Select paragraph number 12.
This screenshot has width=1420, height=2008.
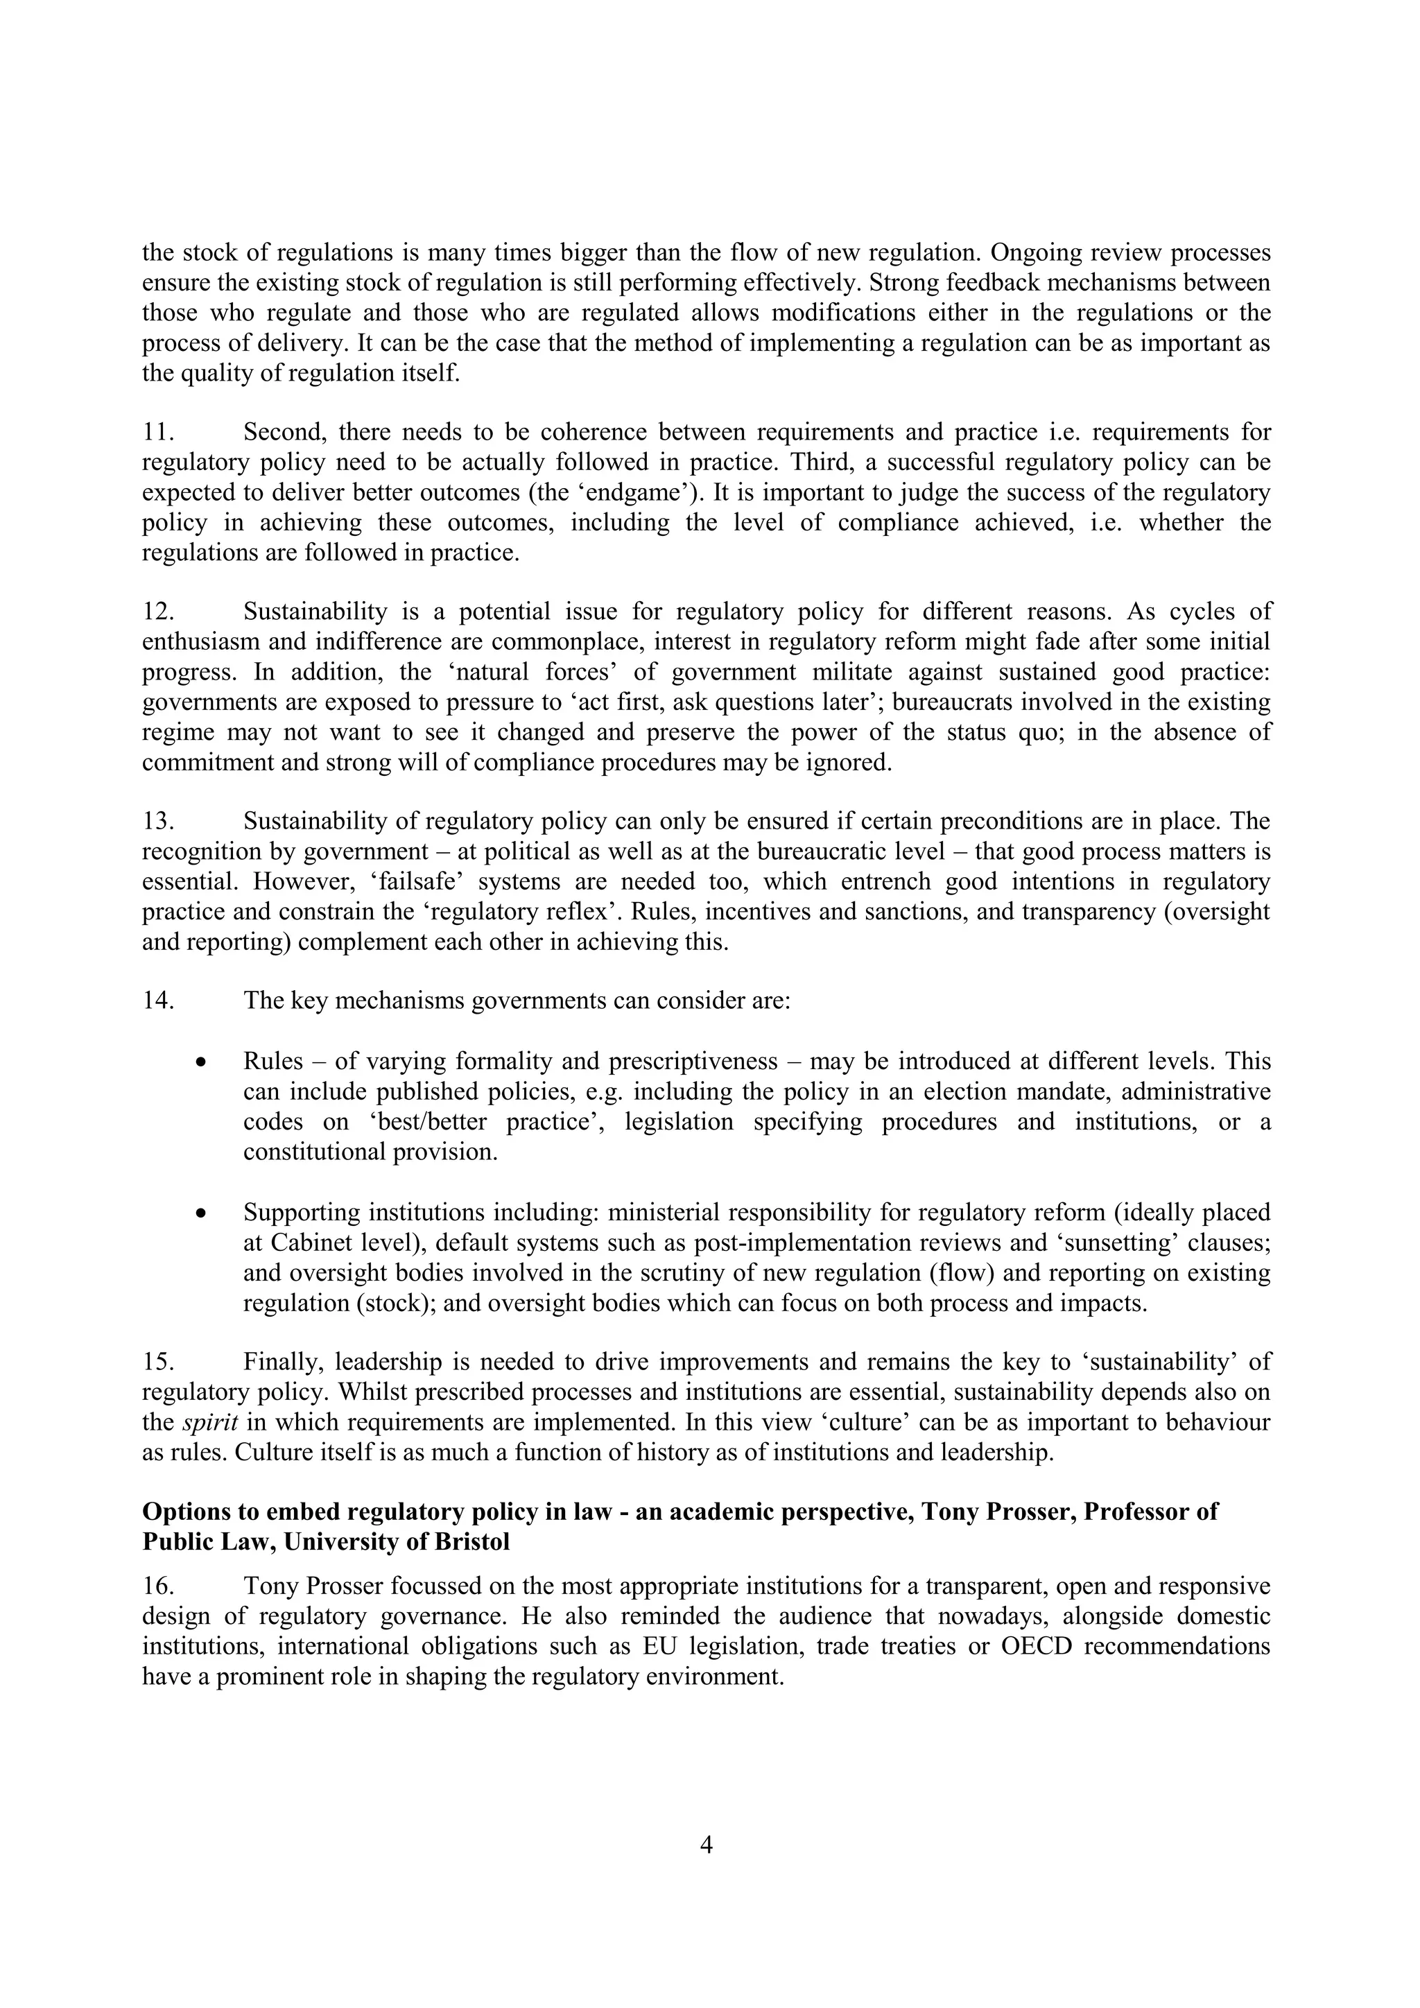(159, 612)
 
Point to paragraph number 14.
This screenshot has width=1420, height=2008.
(159, 1001)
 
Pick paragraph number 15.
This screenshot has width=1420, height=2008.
(159, 1362)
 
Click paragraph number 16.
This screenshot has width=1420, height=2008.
(159, 1586)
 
